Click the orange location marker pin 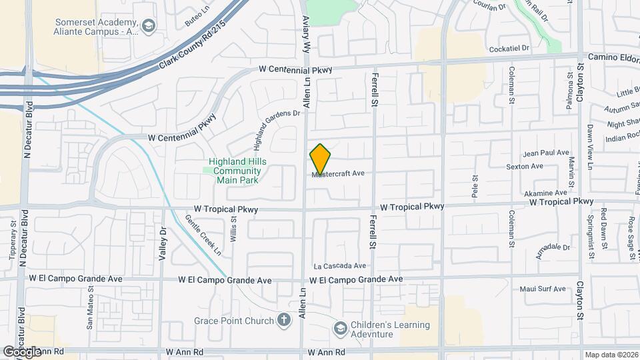click(321, 159)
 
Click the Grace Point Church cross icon click(284, 321)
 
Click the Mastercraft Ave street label click(338, 173)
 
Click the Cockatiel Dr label click(508, 49)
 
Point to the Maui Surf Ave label click(548, 289)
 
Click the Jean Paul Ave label click(547, 153)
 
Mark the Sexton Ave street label click(526, 166)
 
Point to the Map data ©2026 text click(611, 355)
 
